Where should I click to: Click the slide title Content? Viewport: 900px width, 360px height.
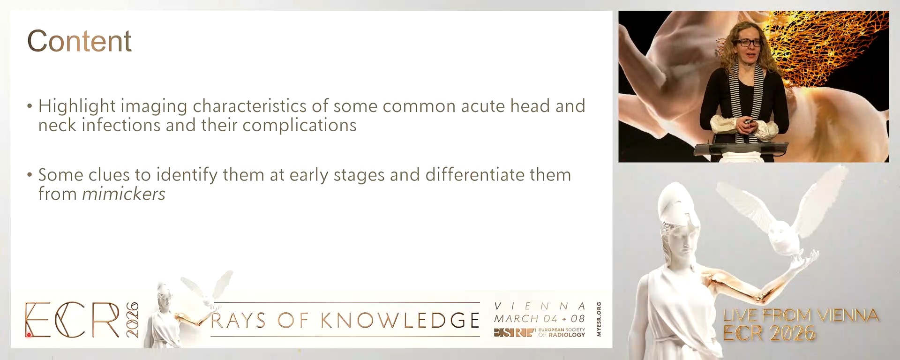79,41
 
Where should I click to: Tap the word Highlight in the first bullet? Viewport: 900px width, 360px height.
77,106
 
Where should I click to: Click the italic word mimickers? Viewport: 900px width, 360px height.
124,194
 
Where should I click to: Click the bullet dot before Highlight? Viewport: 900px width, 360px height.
30,106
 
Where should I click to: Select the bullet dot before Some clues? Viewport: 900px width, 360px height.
30,175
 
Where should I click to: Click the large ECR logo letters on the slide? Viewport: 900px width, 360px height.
73,320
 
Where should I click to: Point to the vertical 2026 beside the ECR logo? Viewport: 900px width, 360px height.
132,320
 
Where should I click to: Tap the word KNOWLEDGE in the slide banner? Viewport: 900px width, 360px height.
400,321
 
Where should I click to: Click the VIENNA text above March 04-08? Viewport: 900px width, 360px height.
540,306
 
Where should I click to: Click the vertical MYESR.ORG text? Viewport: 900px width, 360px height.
599,319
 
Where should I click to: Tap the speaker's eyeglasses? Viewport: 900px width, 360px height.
748,43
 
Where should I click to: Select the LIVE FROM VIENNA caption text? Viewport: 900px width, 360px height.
801,315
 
